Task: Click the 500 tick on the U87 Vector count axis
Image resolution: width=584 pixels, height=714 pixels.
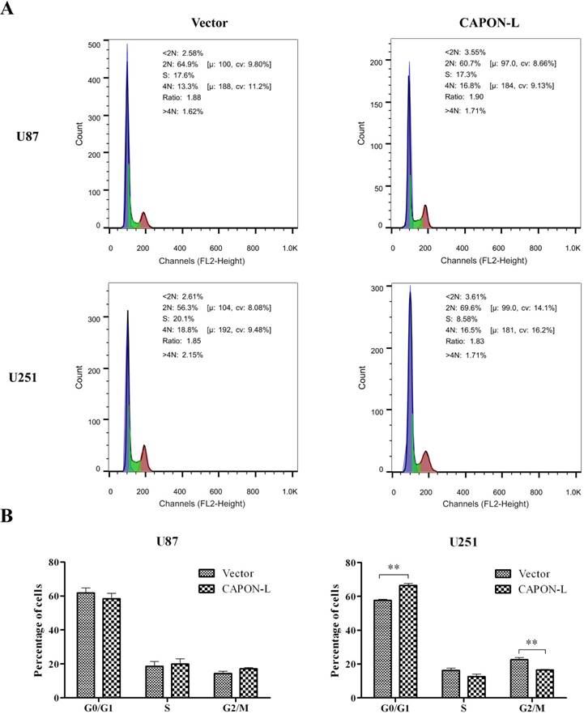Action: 95,44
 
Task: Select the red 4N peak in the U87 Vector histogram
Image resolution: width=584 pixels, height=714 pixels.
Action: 144,219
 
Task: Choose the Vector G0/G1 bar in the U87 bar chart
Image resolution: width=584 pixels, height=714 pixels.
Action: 86,644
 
